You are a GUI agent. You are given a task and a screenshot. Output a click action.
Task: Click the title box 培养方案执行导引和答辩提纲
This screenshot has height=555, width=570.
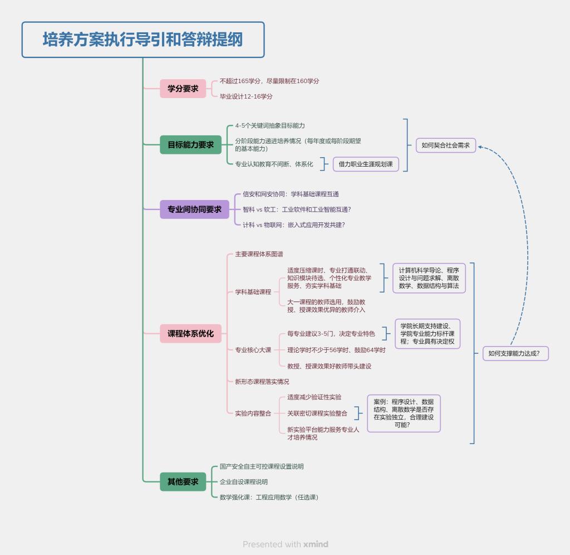pyautogui.click(x=142, y=40)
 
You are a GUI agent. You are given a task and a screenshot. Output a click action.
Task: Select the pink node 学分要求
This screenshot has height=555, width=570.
pyautogui.click(x=183, y=89)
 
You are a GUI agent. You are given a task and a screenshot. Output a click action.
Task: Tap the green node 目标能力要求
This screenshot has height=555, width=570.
pyautogui.click(x=191, y=145)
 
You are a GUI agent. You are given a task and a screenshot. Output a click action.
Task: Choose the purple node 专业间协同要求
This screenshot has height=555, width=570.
pyautogui.click(x=194, y=210)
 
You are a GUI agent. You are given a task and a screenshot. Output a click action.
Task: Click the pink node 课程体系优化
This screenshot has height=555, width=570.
pyautogui.click(x=191, y=334)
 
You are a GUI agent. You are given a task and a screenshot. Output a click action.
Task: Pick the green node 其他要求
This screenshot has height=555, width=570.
pyautogui.click(x=183, y=481)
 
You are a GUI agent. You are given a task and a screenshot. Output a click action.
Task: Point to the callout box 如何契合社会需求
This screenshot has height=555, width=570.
pyautogui.click(x=445, y=145)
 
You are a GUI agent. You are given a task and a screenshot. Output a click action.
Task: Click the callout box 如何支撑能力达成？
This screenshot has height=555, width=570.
pyautogui.click(x=515, y=353)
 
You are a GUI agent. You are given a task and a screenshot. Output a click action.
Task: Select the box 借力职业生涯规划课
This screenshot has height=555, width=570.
pyautogui.click(x=366, y=164)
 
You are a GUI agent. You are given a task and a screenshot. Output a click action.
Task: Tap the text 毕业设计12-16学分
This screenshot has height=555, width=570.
pyautogui.click(x=246, y=96)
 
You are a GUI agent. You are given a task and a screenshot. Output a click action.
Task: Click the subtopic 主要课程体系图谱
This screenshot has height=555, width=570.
pyautogui.click(x=259, y=254)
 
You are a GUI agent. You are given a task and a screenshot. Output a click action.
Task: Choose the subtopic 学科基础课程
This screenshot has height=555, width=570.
pyautogui.click(x=253, y=291)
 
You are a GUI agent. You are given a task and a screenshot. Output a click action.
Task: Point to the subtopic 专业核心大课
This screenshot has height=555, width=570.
pyautogui.click(x=253, y=350)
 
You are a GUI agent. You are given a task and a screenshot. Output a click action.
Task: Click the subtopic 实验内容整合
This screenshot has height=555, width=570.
pyautogui.click(x=253, y=413)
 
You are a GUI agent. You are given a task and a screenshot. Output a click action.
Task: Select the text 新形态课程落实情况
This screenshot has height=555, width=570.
pyautogui.click(x=262, y=382)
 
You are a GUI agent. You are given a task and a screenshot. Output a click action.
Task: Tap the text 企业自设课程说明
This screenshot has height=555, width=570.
pyautogui.click(x=243, y=481)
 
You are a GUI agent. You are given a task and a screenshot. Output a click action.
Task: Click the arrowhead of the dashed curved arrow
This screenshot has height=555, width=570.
pyautogui.click(x=480, y=147)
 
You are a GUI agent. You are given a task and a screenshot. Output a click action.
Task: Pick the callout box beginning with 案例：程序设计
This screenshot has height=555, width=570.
pyautogui.click(x=404, y=413)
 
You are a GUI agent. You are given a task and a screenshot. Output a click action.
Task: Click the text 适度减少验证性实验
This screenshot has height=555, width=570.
pyautogui.click(x=314, y=397)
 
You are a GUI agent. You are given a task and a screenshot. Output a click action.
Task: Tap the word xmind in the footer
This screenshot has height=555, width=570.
pyautogui.click(x=316, y=544)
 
